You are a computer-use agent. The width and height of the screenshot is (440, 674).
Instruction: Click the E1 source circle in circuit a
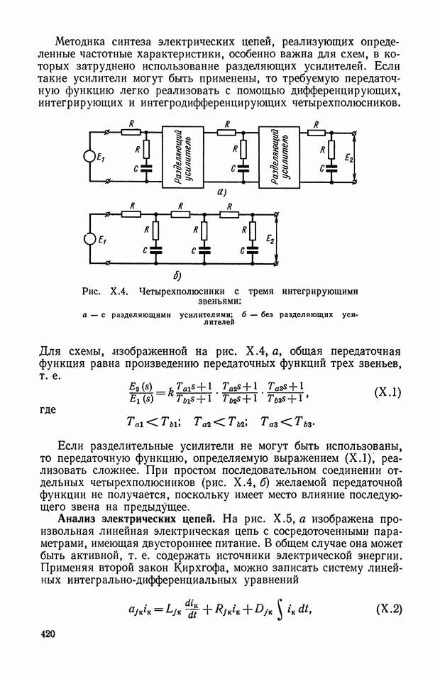(x=90, y=157)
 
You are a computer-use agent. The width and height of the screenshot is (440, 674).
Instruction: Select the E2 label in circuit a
(x=348, y=158)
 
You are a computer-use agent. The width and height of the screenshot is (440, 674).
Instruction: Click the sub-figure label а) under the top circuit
(x=221, y=192)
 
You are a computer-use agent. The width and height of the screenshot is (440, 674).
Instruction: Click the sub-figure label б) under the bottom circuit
(x=177, y=275)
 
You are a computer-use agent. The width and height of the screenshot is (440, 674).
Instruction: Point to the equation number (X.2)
(x=387, y=609)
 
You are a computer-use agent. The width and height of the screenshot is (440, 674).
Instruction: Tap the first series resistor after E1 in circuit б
(x=130, y=211)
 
